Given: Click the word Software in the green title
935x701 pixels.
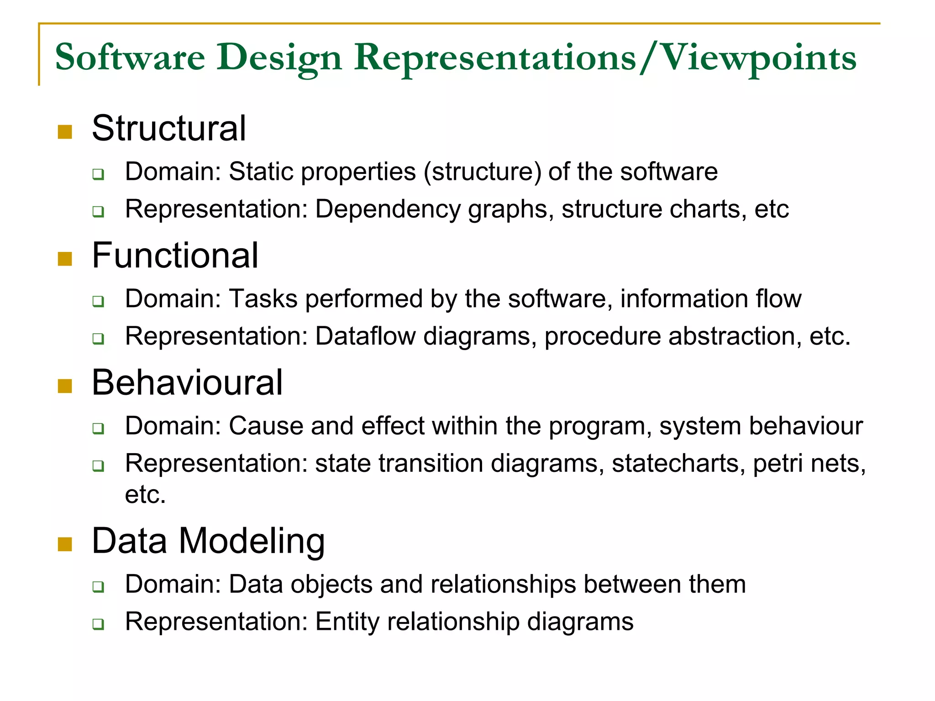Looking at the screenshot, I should point(130,58).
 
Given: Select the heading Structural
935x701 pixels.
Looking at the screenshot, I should point(169,129).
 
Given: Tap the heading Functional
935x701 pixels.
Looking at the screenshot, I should point(175,256).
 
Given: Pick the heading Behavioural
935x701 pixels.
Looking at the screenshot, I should point(187,382).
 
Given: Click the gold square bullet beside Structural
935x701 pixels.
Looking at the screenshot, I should point(65,132).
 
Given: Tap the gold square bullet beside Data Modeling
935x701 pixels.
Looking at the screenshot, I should point(65,544).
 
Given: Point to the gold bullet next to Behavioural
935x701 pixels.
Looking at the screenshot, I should point(65,386).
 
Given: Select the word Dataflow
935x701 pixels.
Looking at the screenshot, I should point(365,336).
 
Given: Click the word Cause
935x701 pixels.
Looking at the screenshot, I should point(266,426).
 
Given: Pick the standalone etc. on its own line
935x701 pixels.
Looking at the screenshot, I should point(145,495).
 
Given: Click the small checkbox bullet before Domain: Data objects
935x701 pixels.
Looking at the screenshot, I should point(98,586).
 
